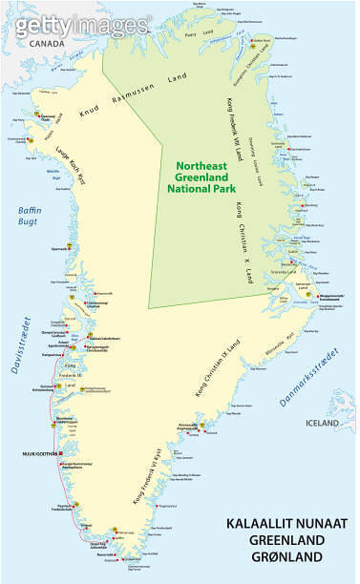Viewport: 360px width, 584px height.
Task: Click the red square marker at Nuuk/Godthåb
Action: point(60,452)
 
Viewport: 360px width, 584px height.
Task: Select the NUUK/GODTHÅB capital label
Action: point(35,452)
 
